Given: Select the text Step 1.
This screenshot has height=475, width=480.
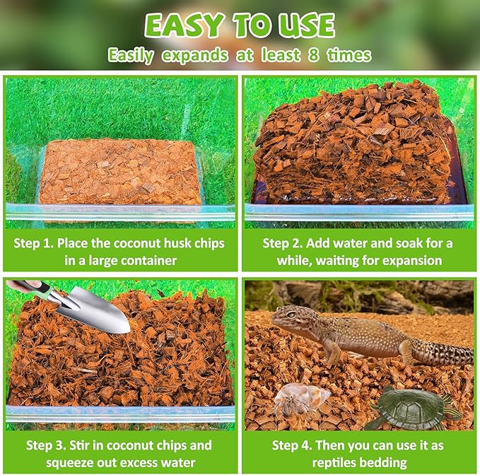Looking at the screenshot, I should click(33, 243).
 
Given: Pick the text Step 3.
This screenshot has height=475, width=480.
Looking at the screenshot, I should click(46, 445).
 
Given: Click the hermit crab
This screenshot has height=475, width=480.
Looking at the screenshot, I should click(300, 399).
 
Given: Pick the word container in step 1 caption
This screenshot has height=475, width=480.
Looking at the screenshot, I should click(148, 260).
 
